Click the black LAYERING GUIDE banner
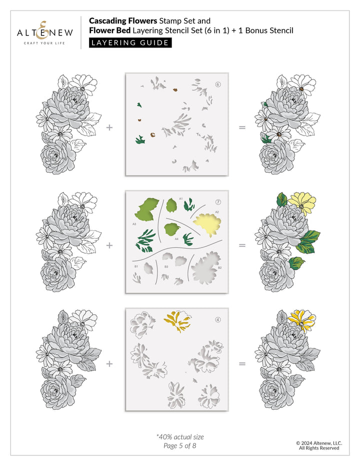click(130, 42)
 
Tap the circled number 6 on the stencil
click(218, 84)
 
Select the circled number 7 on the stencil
click(218, 202)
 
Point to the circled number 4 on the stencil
click(218, 320)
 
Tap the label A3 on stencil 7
click(134, 224)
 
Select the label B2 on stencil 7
click(219, 268)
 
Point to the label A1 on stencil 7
click(180, 199)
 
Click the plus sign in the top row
click(109, 127)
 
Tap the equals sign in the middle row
click(242, 245)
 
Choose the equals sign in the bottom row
click(242, 363)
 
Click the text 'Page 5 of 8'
click(180, 445)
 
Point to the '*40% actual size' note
click(180, 436)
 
